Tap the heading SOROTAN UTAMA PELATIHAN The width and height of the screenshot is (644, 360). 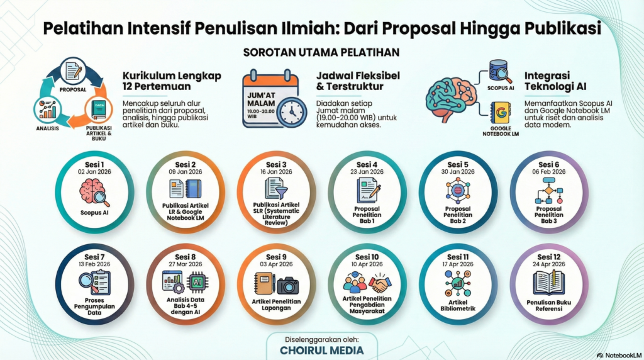[x=321, y=53]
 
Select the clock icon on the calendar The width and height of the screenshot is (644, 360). [x=292, y=112]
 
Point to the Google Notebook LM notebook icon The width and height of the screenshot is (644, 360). [x=500, y=113]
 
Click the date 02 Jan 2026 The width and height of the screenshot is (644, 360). [x=94, y=172]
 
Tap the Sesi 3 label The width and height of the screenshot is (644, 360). [x=276, y=165]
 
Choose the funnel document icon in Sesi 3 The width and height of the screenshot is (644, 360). [x=276, y=189]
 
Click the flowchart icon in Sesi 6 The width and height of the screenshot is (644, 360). [x=548, y=191]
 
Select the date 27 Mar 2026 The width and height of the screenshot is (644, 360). [x=186, y=264]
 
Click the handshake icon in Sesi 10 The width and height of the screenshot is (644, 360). [x=380, y=283]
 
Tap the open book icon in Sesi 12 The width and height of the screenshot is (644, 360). [x=548, y=283]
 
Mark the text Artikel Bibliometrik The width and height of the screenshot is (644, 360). [x=458, y=305]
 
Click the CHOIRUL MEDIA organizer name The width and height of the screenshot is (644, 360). [x=322, y=351]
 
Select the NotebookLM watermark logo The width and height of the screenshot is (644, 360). [x=619, y=355]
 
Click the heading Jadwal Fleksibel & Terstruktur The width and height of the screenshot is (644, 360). [x=358, y=81]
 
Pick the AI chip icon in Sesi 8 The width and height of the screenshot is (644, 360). [x=197, y=283]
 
